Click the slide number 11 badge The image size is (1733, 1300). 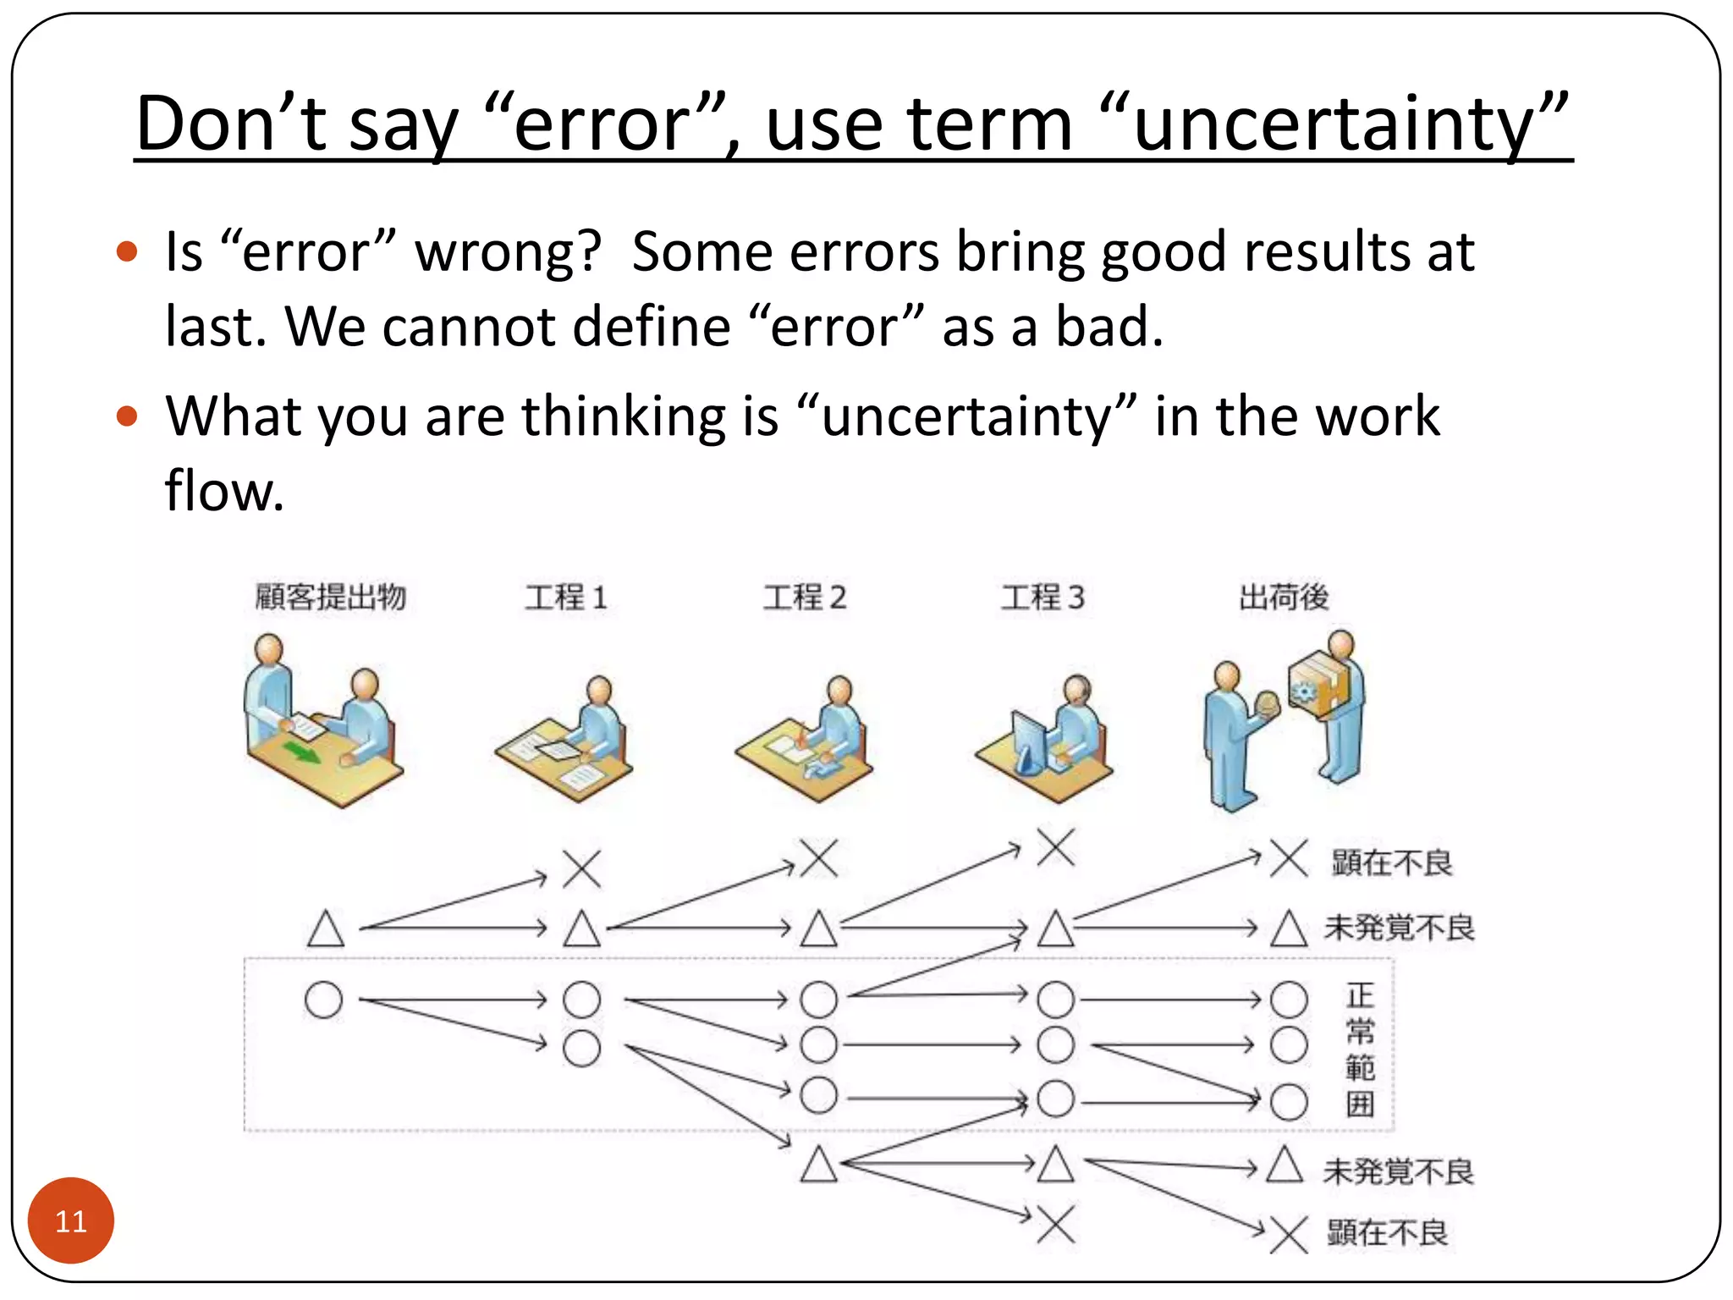71,1220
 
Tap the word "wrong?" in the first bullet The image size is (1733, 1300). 508,252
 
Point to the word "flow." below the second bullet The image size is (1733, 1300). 224,491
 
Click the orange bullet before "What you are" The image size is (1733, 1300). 127,416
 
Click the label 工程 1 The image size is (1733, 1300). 565,598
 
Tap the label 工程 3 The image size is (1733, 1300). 1043,598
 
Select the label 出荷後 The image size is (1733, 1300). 1283,598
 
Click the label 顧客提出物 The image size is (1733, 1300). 331,598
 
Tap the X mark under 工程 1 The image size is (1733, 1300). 582,868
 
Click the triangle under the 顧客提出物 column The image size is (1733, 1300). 326,928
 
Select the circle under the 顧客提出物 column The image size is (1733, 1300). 323,1000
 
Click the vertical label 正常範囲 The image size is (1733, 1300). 1359,1049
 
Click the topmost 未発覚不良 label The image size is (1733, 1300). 1398,928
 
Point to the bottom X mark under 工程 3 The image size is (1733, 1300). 1056,1224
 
